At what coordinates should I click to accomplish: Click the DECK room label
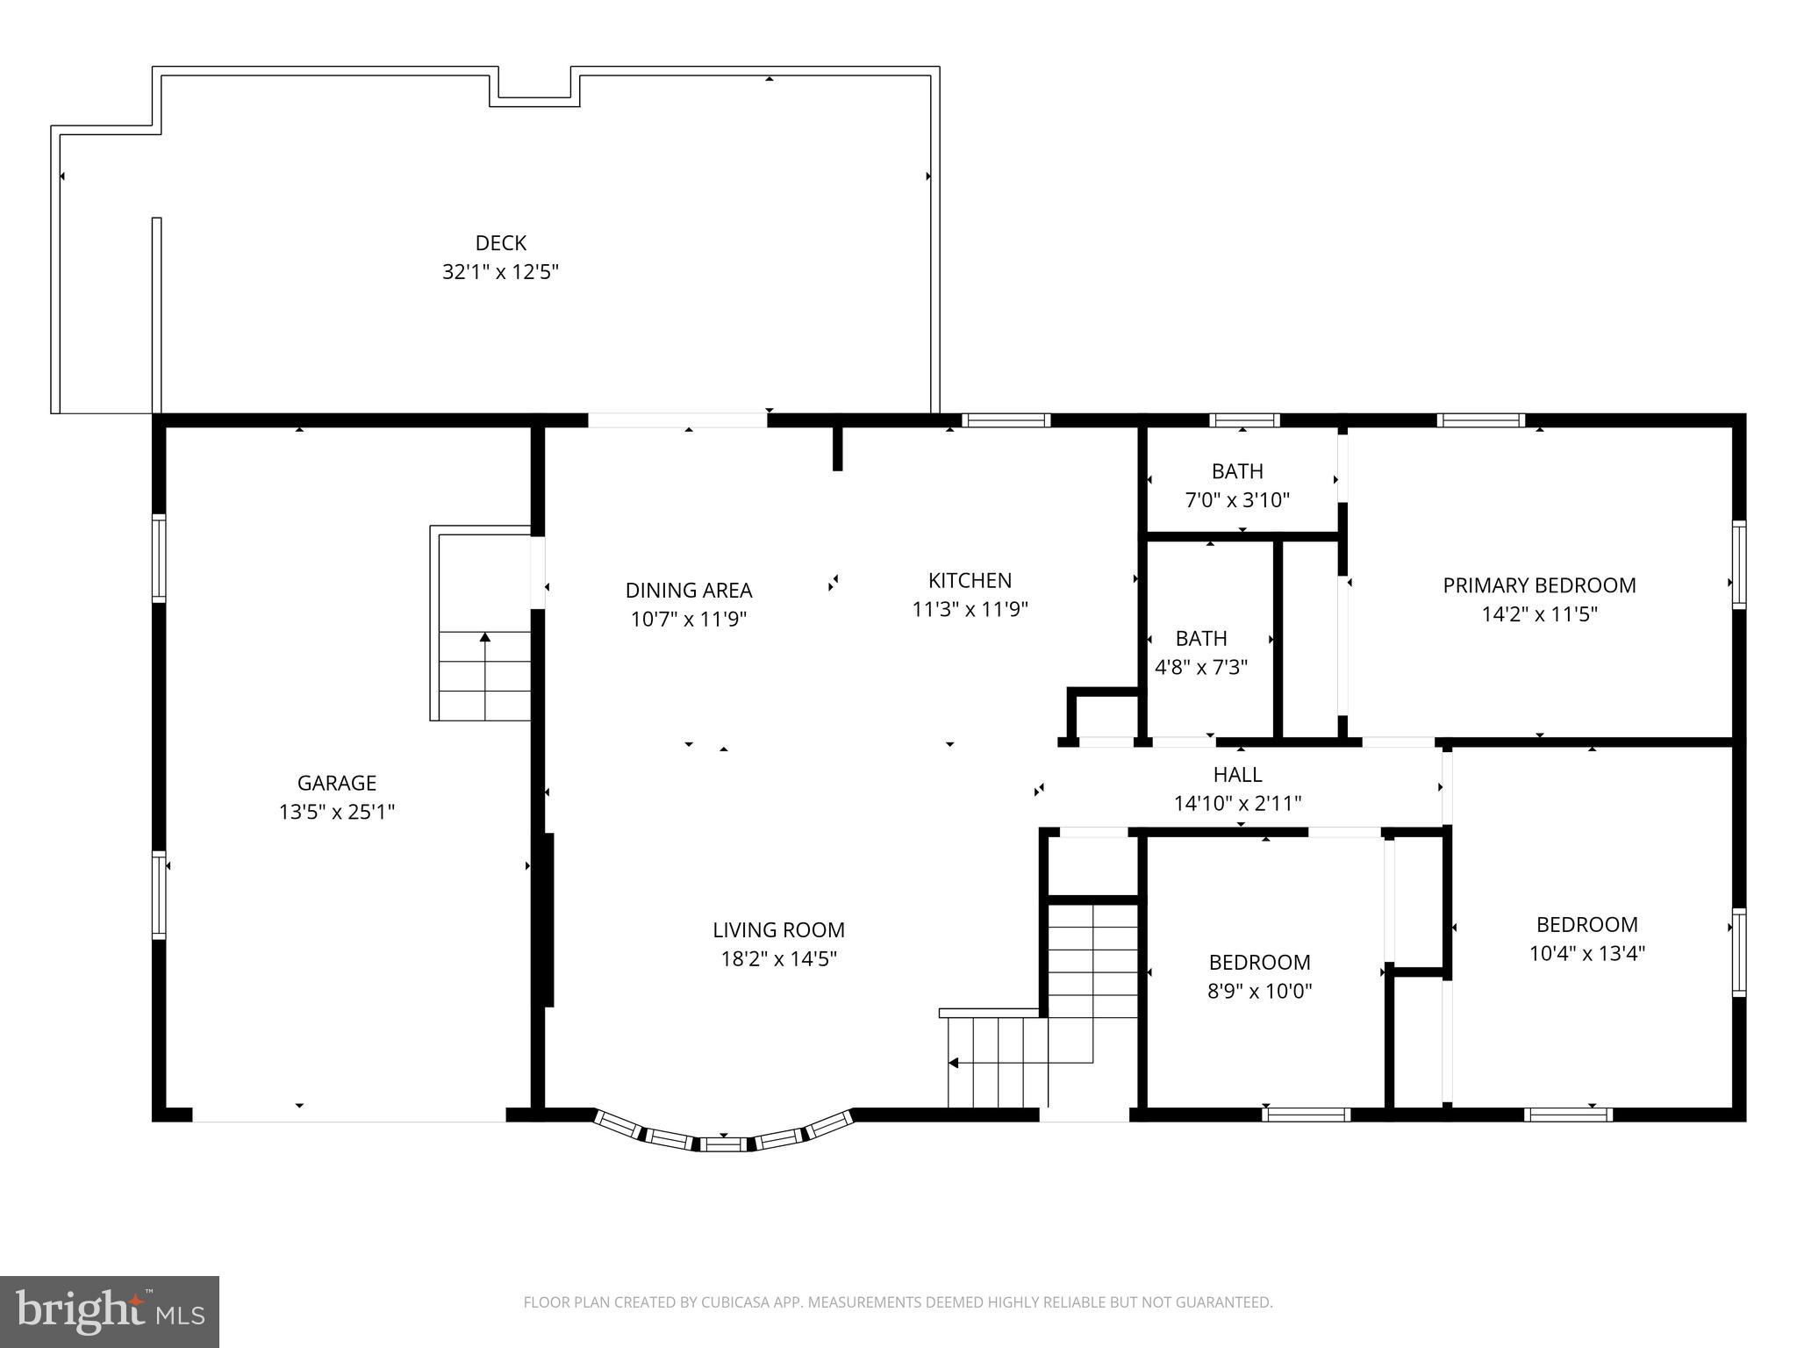click(500, 243)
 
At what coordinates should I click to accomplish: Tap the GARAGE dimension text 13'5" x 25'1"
click(337, 812)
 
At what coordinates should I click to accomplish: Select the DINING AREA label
click(688, 590)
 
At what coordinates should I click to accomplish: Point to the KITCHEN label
click(970, 580)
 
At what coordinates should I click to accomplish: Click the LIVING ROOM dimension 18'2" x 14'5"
click(778, 958)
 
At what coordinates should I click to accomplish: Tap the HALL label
click(1237, 774)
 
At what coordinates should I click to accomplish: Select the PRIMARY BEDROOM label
click(1539, 585)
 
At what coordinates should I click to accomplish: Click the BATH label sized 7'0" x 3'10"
click(1237, 471)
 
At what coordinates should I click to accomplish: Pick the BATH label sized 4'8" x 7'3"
click(1201, 638)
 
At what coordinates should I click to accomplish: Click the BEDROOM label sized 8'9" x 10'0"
click(1259, 962)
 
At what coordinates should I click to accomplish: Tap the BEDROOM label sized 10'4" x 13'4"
click(1586, 924)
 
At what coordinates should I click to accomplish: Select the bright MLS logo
click(109, 1311)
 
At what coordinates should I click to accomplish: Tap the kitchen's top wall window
click(1006, 420)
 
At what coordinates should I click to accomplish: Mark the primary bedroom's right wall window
click(1738, 564)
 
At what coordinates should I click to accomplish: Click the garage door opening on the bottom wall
click(348, 1115)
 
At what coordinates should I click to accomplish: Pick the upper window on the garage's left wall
click(159, 558)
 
